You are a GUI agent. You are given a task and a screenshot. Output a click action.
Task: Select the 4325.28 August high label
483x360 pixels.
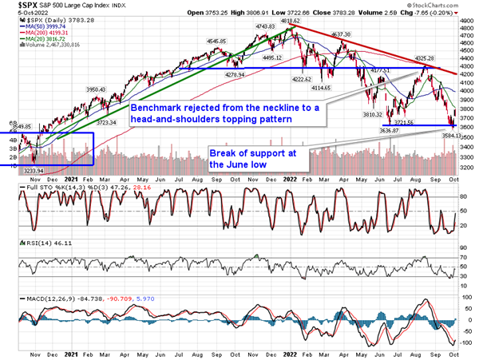coord(425,58)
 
